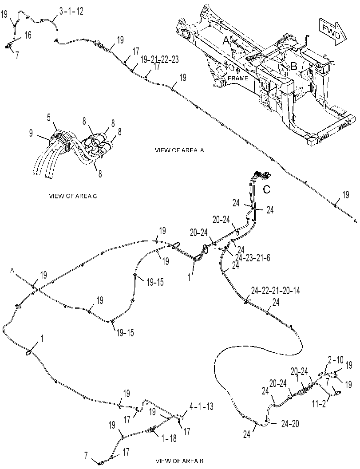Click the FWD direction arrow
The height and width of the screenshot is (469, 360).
332,32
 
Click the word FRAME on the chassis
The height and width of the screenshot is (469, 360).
238,79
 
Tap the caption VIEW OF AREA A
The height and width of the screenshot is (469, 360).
179,150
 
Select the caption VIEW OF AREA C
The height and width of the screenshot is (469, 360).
73,196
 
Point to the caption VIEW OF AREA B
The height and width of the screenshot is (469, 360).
179,461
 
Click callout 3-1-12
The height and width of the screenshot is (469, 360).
71,12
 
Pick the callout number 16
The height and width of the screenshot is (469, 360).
28,35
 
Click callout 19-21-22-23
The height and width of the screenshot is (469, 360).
159,59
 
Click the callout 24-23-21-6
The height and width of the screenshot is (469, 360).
253,258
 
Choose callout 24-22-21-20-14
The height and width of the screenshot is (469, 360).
275,291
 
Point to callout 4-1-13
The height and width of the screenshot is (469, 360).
201,406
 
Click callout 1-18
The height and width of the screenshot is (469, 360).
169,439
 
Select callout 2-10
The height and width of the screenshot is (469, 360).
336,360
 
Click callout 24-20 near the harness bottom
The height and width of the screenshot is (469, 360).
290,424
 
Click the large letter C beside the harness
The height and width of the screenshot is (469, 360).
266,189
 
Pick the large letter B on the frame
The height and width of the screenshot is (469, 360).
294,67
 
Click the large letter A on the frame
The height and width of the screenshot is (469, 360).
226,40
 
